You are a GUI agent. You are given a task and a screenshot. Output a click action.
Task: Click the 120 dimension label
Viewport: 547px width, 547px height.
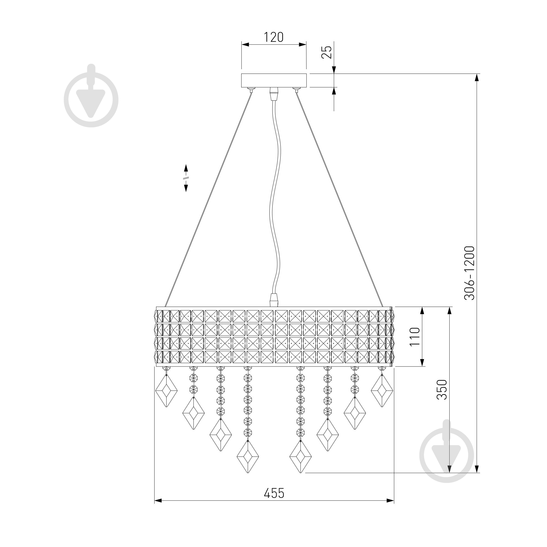point(273,37)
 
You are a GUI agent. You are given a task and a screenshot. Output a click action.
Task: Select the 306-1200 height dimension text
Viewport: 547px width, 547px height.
point(469,273)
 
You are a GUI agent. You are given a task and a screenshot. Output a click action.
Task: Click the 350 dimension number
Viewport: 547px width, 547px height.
point(442,389)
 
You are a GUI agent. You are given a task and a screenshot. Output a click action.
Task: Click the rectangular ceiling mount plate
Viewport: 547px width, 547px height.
point(274,81)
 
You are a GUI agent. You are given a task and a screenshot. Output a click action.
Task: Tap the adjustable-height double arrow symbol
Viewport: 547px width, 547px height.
point(186,178)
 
